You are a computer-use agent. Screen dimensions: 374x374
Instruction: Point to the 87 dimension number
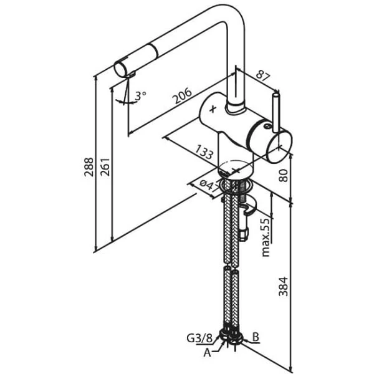pyautogui.click(x=263, y=77)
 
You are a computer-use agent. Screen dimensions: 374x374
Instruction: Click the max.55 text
pyautogui.click(x=266, y=237)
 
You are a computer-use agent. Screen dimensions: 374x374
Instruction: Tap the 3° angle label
pyautogui.click(x=141, y=95)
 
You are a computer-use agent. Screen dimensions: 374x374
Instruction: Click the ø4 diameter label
pyautogui.click(x=208, y=185)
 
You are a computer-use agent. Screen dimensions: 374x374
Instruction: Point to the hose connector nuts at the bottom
pyautogui.click(x=233, y=337)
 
